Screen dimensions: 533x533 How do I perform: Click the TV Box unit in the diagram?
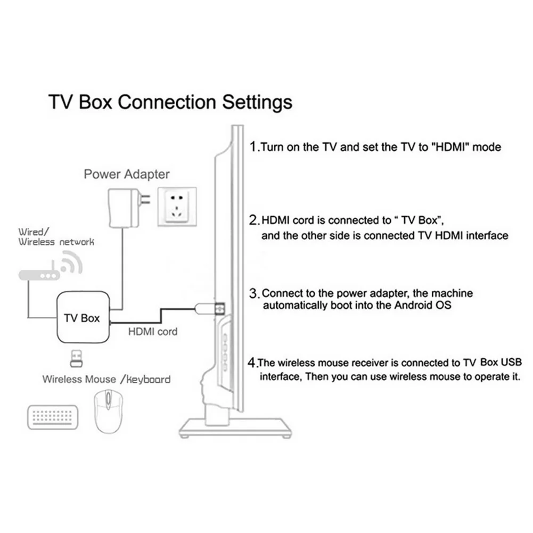[83, 317]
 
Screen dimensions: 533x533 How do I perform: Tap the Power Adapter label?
[126, 174]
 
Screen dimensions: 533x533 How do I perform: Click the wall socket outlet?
[177, 207]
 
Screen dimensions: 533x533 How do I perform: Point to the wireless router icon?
[39, 275]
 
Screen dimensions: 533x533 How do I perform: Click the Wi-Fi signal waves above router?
[71, 262]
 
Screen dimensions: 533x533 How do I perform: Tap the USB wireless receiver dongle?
[76, 358]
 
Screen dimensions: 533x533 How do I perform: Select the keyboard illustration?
[53, 417]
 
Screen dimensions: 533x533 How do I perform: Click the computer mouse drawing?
[109, 411]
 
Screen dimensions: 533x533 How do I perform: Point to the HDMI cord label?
[153, 331]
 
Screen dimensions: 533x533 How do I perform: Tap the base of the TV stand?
[235, 428]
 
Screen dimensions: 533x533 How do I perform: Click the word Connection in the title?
[167, 102]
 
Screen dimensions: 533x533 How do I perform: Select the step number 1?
[253, 146]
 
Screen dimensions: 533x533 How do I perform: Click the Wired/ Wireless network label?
[56, 237]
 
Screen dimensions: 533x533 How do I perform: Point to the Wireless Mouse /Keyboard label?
[106, 379]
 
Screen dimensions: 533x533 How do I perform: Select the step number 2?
[253, 220]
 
